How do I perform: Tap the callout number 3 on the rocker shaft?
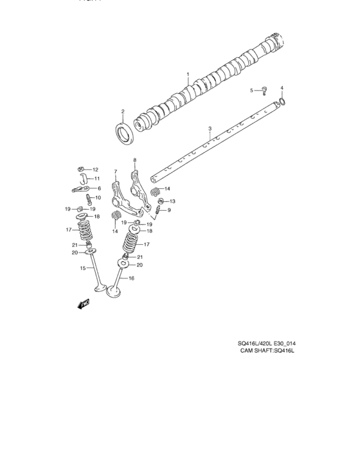(x=210, y=129)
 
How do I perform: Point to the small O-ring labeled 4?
(x=282, y=102)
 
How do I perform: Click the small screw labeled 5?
(x=264, y=91)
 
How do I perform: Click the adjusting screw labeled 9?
(x=159, y=210)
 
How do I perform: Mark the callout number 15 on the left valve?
(x=82, y=268)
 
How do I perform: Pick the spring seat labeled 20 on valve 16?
(x=124, y=264)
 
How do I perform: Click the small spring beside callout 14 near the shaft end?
(x=155, y=192)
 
